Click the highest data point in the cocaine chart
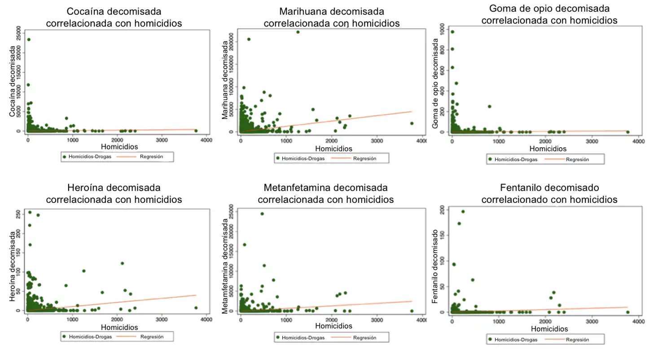click(29, 40)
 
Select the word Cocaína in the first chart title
click(85, 11)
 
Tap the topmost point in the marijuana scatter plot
click(298, 32)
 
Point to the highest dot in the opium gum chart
click(452, 32)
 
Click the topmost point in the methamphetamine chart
click(262, 214)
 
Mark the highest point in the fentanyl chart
click(463, 211)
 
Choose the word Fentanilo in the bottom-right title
click(519, 187)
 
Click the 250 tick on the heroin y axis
click(18, 212)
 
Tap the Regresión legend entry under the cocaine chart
click(151, 157)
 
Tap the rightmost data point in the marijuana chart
click(411, 123)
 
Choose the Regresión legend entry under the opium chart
click(577, 159)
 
